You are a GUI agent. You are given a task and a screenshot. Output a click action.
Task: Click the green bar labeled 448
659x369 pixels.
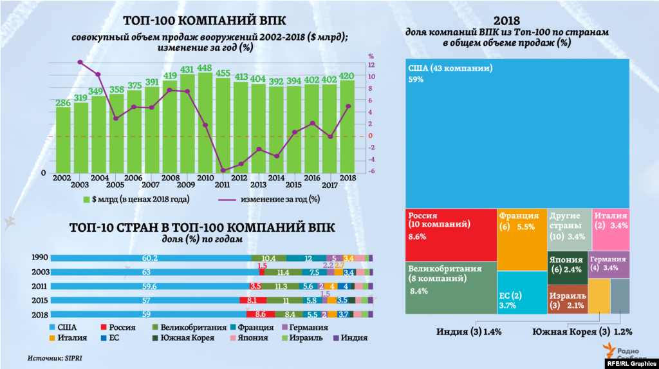[205, 122]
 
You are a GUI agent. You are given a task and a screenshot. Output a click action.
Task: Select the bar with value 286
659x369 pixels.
[63, 138]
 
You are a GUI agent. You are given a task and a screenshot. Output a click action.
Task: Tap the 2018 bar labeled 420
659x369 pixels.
[347, 126]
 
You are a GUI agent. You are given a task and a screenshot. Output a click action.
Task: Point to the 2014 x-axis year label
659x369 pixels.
[275, 178]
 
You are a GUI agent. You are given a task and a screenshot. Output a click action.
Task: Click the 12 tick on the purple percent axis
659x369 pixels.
[371, 65]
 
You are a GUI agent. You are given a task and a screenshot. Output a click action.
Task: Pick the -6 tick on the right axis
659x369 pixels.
[371, 171]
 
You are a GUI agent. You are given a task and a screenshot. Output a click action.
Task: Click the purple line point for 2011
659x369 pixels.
[223, 170]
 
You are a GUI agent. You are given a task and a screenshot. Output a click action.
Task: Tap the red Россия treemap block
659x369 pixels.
[450, 234]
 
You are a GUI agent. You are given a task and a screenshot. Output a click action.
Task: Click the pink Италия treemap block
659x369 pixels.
[610, 229]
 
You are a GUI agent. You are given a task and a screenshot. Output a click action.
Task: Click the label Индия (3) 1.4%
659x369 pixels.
[469, 332]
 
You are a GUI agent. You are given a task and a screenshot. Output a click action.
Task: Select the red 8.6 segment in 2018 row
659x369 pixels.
[261, 314]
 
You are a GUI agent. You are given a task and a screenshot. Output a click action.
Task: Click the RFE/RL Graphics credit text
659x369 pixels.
[630, 363]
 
